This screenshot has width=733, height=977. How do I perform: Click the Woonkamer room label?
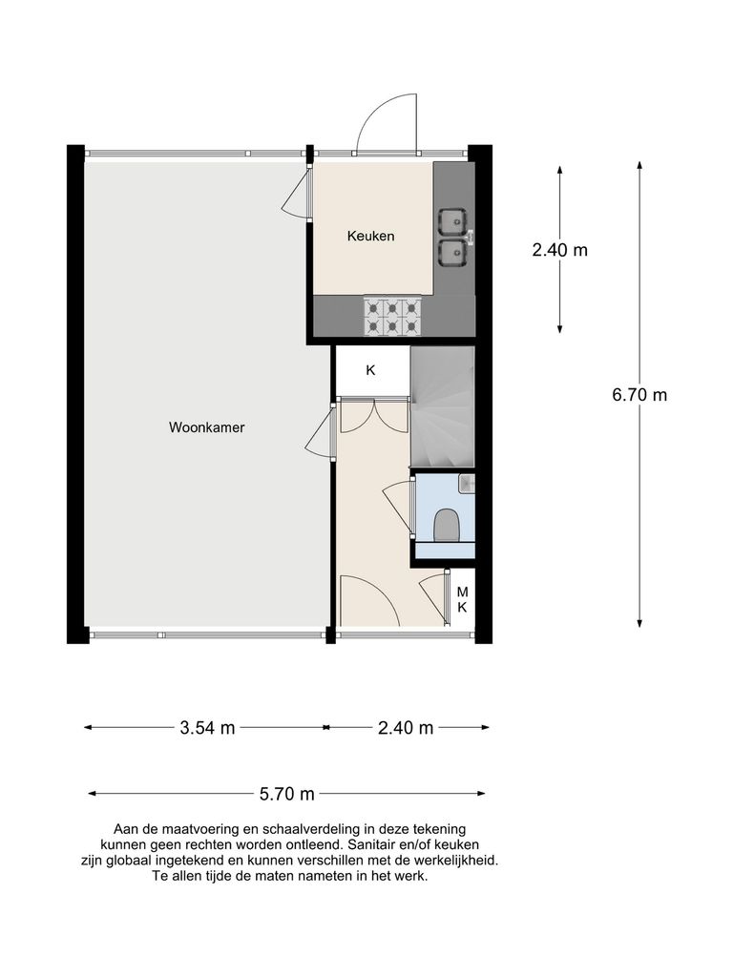coord(206,427)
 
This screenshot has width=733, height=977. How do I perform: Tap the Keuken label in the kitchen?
coord(370,237)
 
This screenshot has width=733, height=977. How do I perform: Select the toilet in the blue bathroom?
coord(446,526)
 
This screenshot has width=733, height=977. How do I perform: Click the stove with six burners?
coord(391,316)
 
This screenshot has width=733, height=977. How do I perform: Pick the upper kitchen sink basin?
coord(452,221)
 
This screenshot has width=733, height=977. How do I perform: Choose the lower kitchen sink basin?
coord(452,253)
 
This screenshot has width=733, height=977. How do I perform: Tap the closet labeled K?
coord(370,370)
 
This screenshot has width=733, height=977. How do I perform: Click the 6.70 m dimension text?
coord(639,395)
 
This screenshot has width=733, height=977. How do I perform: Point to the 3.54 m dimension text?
coord(207,728)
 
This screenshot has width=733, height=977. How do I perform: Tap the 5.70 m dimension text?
coord(287,794)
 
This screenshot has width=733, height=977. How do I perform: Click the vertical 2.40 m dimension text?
coord(559,251)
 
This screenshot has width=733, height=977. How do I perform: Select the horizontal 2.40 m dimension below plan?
coord(406,728)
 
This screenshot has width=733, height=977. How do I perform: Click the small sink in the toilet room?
coord(466,485)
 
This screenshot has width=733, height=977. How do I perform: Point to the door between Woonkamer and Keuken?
coord(297,197)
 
